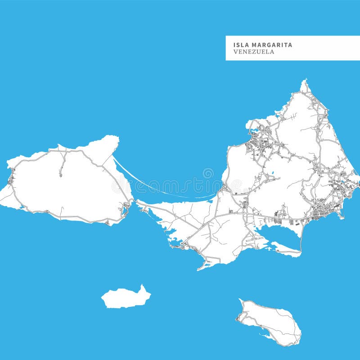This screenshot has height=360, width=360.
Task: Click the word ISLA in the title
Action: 241,45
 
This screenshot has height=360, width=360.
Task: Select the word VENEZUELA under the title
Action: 254,52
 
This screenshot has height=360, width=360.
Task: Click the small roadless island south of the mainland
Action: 125,298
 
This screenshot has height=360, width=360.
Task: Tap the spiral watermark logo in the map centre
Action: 208,173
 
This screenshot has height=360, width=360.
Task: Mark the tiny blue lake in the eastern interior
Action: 272,172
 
